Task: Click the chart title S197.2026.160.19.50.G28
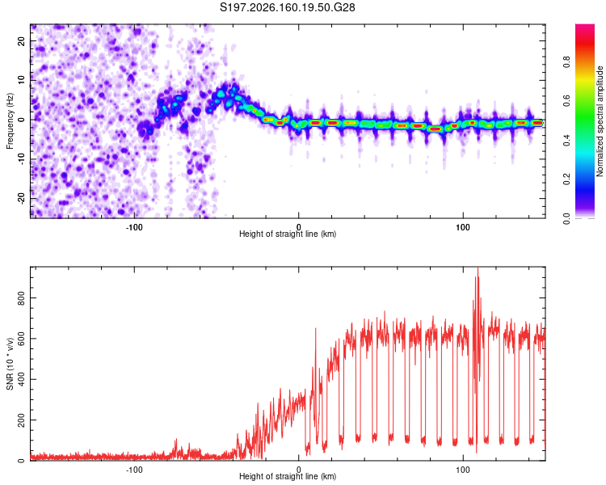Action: click(x=287, y=7)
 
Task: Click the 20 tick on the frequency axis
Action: click(x=21, y=41)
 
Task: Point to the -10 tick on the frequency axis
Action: click(x=21, y=159)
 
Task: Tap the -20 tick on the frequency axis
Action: click(x=21, y=198)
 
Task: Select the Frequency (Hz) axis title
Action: click(x=10, y=121)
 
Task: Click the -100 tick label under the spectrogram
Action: click(x=133, y=227)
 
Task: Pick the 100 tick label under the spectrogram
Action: click(x=463, y=227)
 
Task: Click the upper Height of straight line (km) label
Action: click(x=288, y=234)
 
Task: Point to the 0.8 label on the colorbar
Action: click(x=566, y=62)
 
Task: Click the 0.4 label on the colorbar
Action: click(x=566, y=140)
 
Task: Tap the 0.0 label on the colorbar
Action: click(x=566, y=218)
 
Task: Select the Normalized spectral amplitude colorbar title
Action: click(x=600, y=121)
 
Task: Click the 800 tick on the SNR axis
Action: click(x=21, y=297)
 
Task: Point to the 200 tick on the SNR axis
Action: click(x=21, y=420)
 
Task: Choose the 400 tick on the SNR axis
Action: click(x=21, y=379)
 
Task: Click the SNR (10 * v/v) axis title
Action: click(x=10, y=364)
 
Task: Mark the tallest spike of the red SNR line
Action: click(x=478, y=268)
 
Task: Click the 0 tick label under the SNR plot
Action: click(x=298, y=470)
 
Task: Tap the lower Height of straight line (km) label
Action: click(x=288, y=476)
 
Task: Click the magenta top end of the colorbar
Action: click(x=585, y=27)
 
